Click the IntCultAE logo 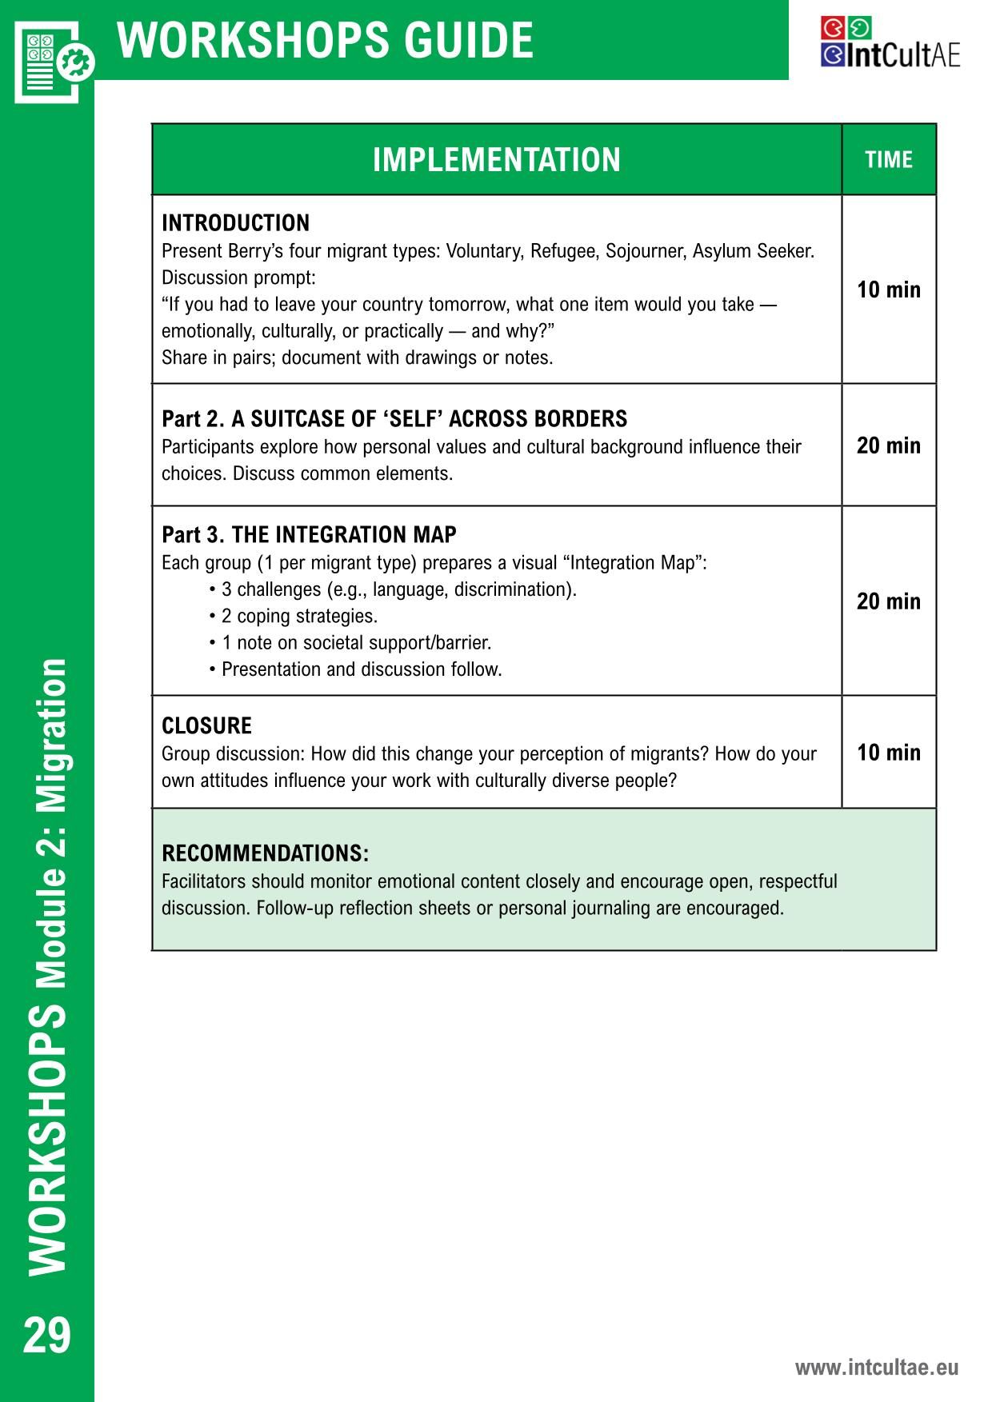click(x=890, y=43)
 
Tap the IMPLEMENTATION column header click(x=496, y=160)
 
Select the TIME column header click(x=888, y=160)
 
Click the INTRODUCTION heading click(x=235, y=223)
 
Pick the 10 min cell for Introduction click(x=888, y=290)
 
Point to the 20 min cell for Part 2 click(x=888, y=445)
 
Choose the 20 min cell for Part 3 click(x=888, y=601)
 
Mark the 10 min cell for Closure click(x=888, y=753)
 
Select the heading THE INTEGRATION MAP click(x=344, y=535)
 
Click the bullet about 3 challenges click(x=392, y=590)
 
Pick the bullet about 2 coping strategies click(x=294, y=617)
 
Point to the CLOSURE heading click(x=206, y=726)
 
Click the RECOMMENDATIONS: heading click(x=265, y=853)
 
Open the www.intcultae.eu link click(x=876, y=1368)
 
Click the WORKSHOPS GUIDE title click(x=325, y=40)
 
